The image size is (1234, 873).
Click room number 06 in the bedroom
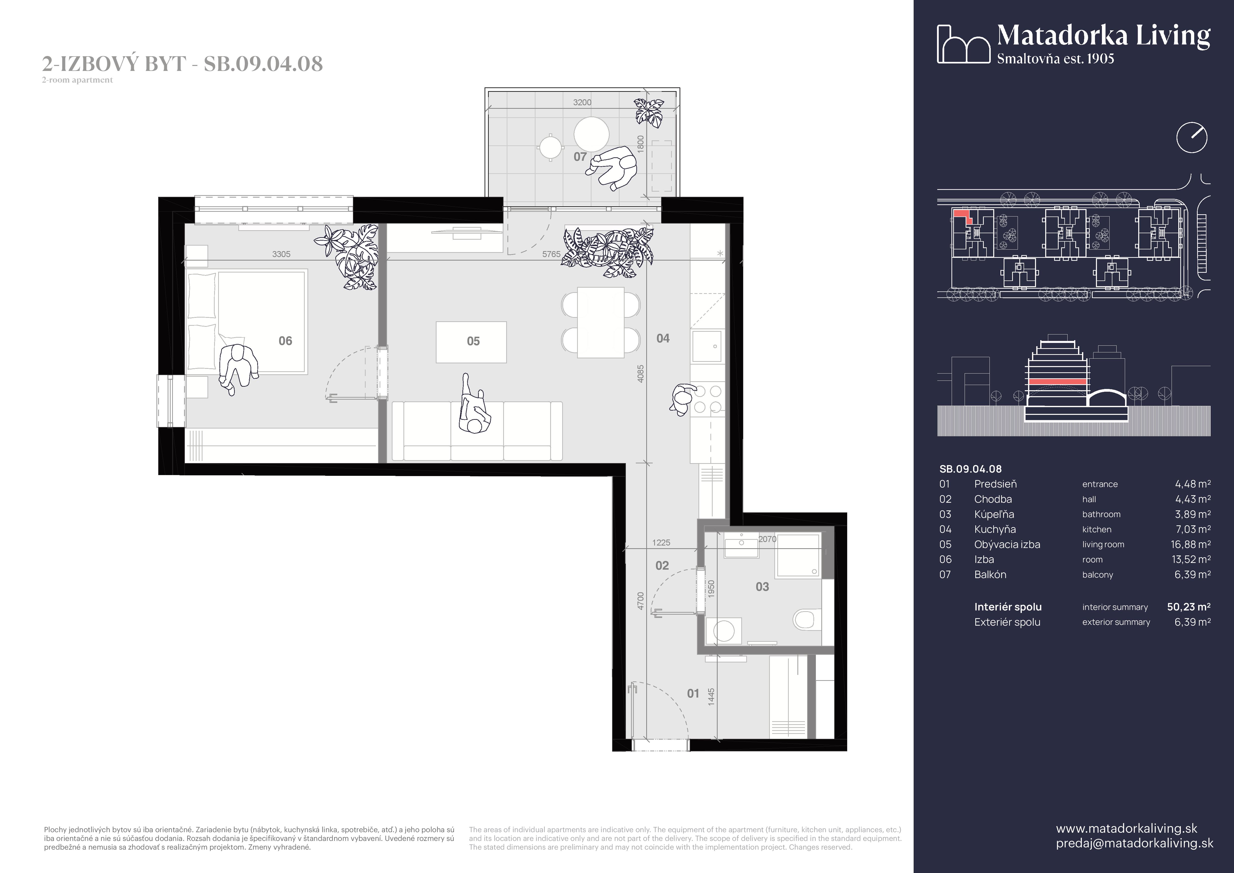pos(285,341)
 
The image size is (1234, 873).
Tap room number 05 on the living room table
pos(473,341)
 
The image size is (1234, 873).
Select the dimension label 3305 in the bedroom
pos(281,254)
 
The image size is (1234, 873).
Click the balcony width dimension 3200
pos(582,102)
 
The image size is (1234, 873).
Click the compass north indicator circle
pos(1191,138)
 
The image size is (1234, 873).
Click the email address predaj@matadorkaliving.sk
pos(1135,843)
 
